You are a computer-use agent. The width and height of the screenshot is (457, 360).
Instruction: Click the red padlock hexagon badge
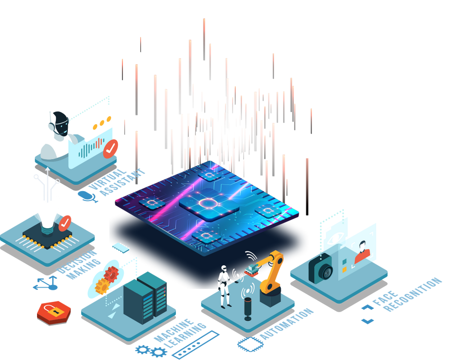click(54, 313)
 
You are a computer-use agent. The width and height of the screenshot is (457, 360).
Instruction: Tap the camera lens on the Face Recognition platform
click(325, 272)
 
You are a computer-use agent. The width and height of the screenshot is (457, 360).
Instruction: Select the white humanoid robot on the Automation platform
click(224, 286)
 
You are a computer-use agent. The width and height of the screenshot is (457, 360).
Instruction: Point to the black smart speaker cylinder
click(248, 309)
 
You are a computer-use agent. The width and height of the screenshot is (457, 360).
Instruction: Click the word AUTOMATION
click(287, 324)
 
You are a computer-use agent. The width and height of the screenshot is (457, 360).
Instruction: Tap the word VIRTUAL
click(108, 180)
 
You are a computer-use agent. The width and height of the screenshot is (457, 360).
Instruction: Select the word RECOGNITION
click(412, 295)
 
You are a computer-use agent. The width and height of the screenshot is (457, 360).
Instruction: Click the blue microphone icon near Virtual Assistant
click(87, 197)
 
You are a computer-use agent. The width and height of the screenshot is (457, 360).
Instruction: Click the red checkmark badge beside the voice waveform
click(111, 149)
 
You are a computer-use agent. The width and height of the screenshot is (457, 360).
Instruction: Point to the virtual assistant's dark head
click(61, 124)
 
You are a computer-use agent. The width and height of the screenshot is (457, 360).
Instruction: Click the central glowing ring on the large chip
click(208, 203)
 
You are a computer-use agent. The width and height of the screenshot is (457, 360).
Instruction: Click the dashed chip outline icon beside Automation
click(250, 344)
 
